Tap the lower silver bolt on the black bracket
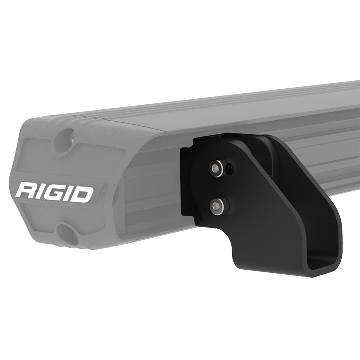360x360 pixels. pos(216,206)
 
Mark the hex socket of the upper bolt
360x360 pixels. pos(215,167)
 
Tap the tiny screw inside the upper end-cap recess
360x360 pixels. pos(72,139)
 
